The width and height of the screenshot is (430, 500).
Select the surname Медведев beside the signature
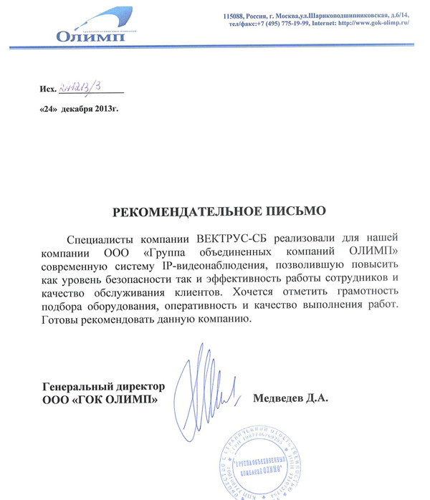coord(279,398)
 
